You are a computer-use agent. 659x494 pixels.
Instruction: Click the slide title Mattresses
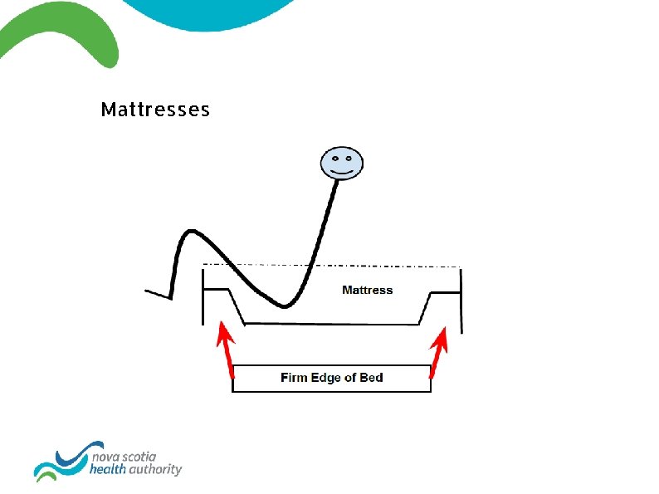155,110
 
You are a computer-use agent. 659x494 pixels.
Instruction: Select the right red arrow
437,352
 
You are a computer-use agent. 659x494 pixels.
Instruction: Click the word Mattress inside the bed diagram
367,290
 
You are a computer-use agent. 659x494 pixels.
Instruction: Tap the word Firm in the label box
294,378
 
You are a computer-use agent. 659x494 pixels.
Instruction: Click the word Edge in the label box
327,378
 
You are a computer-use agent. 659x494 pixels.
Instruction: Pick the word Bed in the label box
371,378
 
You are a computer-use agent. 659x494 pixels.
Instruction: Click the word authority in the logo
157,469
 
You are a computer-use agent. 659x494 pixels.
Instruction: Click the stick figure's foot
156,293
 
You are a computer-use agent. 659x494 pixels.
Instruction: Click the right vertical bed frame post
461,299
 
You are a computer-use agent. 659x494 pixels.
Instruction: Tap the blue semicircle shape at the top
207,12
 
